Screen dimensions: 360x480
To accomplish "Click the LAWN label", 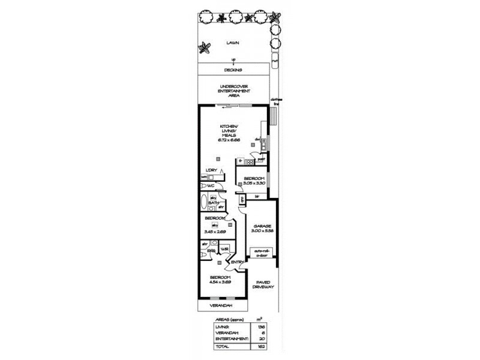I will pos(233,43).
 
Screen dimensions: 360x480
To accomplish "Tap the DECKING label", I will pos(233,70).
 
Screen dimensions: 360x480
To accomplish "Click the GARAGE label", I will pos(262,226).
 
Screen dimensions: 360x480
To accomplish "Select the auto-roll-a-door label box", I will pos(262,253).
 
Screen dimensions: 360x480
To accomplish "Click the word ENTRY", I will pos(237,263).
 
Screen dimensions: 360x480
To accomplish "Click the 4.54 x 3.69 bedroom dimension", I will pos(220,281).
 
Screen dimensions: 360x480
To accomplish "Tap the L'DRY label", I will pos(211,170).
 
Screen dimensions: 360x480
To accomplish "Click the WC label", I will pos(211,186).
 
